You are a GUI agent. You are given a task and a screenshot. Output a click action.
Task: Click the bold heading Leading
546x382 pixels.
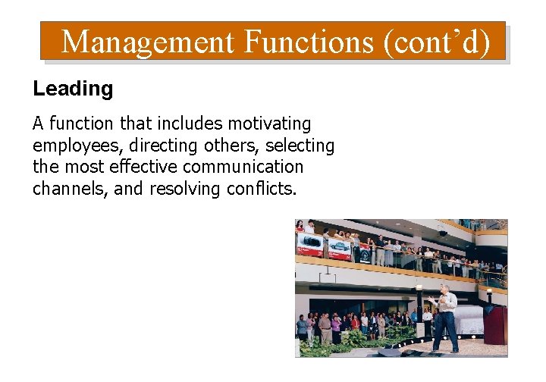[73, 89]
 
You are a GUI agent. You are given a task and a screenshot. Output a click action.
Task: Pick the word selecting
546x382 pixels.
[300, 145]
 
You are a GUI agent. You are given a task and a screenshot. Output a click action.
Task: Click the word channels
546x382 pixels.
[71, 188]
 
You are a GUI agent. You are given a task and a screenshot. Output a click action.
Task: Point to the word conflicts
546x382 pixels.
[261, 188]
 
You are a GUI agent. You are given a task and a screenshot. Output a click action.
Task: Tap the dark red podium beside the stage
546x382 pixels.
[495, 325]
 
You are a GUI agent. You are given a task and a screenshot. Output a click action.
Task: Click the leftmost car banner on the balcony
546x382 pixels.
[309, 244]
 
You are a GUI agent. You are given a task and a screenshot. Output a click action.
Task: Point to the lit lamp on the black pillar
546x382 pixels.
[419, 290]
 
